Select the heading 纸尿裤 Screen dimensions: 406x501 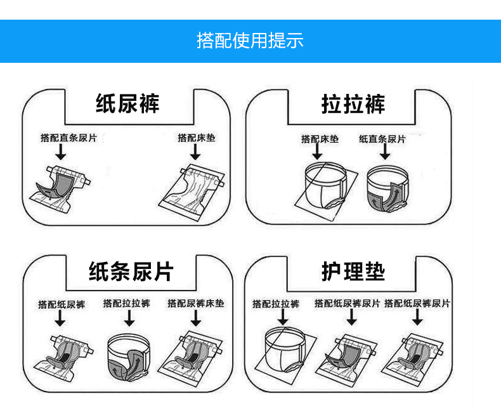tap(127, 103)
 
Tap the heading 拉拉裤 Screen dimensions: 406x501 tap(353, 103)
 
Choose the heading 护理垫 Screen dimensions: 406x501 tap(353, 272)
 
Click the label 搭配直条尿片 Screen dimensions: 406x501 tap(68, 138)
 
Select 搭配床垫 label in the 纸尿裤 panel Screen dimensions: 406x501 tap(196, 137)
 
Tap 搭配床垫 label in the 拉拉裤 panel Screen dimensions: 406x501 tap(320, 139)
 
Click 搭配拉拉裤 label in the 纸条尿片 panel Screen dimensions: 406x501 tap(126, 303)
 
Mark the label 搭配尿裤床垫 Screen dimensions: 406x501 tap(195, 303)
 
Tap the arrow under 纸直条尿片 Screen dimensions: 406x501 tap(384, 154)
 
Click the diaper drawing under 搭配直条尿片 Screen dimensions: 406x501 tap(60, 183)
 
